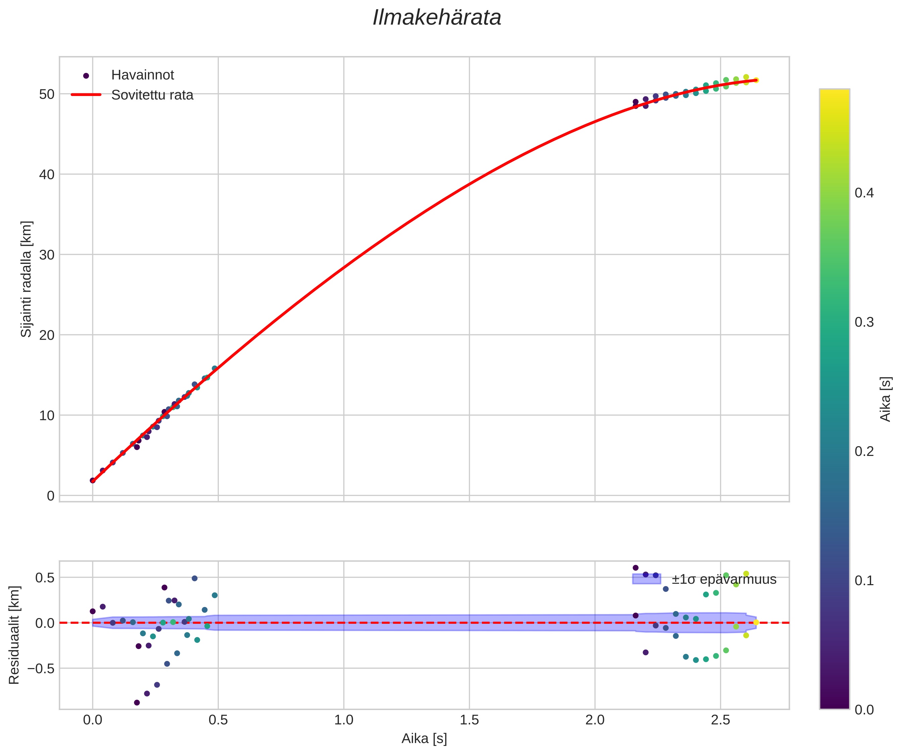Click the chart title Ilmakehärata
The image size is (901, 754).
pyautogui.click(x=437, y=18)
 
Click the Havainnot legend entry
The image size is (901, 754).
pyautogui.click(x=142, y=75)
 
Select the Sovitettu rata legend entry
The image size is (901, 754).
pyautogui.click(x=152, y=95)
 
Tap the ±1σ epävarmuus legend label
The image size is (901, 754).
pyautogui.click(x=724, y=579)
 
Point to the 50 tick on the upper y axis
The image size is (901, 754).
pyautogui.click(x=47, y=94)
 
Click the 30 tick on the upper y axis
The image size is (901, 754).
pyautogui.click(x=47, y=255)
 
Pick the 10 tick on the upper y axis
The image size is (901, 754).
pyautogui.click(x=47, y=415)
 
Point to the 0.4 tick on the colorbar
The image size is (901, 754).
pyautogui.click(x=864, y=193)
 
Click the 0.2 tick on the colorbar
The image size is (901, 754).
pyautogui.click(x=864, y=452)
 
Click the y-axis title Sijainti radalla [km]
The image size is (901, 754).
pyautogui.click(x=27, y=279)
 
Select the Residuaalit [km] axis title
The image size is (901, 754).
pyautogui.click(x=14, y=635)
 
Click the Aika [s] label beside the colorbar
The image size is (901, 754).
pyautogui.click(x=886, y=399)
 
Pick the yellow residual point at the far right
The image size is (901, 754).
pyautogui.click(x=756, y=622)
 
